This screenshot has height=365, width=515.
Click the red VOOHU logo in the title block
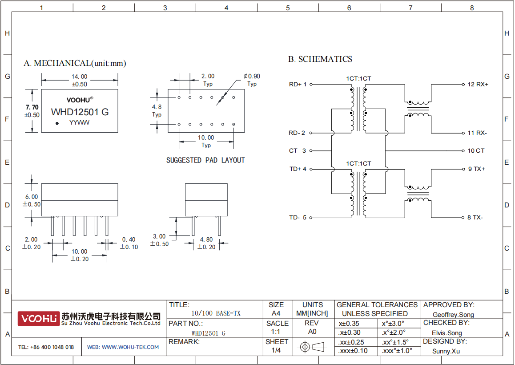pos(39,319)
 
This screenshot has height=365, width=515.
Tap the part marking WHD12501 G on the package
pos(80,112)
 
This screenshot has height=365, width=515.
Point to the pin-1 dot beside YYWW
pos(57,123)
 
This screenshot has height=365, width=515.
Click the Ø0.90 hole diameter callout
pos(252,76)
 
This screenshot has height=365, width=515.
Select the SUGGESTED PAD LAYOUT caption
pos(205,160)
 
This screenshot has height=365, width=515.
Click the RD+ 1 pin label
pos(298,85)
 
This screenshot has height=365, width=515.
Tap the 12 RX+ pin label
pos(478,85)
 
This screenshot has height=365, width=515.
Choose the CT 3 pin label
pos(298,150)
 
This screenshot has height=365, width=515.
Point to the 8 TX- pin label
pos(475,217)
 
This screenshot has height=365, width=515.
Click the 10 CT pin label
pos(476,150)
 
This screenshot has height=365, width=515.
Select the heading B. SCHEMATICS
pos(320,59)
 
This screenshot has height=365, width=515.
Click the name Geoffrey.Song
pos(453,315)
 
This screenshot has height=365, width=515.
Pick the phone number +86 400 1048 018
pos(52,347)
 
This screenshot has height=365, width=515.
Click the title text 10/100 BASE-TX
pos(216,313)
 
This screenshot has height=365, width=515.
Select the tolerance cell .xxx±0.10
pos(353,351)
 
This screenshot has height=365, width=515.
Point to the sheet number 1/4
pos(276,350)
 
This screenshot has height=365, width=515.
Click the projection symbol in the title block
pos(312,347)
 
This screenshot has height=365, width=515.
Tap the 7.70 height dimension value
pos(32,107)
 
